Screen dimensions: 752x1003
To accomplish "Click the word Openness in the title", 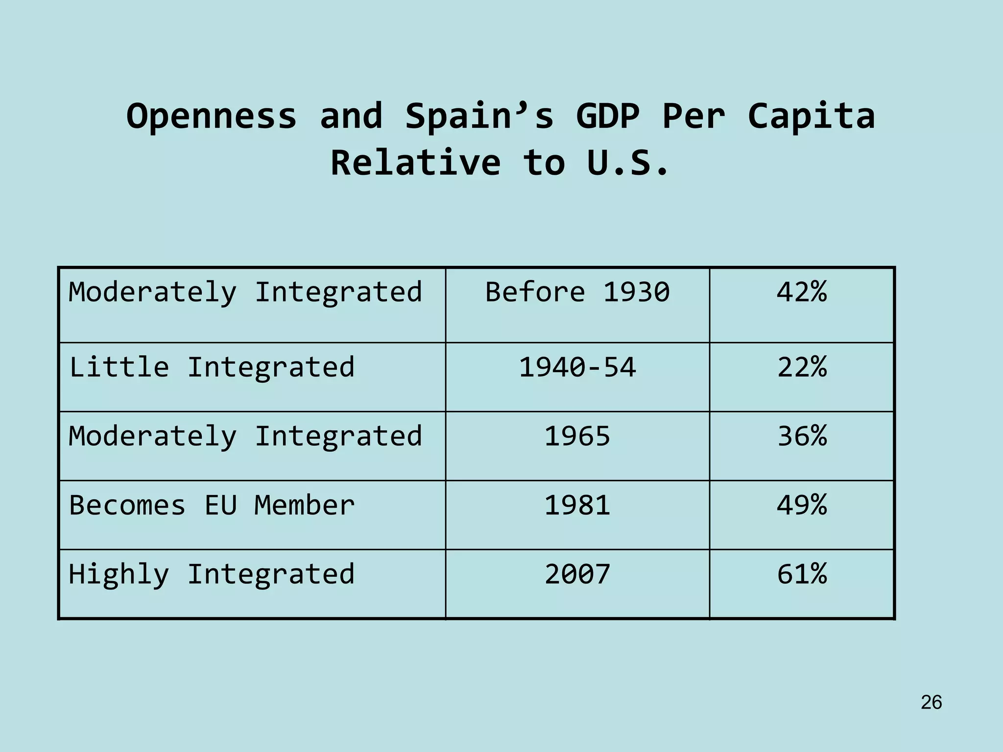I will pos(212,117).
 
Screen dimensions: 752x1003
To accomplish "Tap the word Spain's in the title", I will pos(479,117).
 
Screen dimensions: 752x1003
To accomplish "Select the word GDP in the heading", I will pos(607,117).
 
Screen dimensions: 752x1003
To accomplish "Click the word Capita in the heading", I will pos(811,117).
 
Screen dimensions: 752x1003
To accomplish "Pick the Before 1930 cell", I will pos(577,292).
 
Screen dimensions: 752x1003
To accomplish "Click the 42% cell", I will pos(802,292).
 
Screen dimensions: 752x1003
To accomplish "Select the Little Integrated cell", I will pos(212,367).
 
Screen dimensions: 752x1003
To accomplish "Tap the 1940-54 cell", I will pos(577,367).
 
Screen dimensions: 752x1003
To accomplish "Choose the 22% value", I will pos(802,367).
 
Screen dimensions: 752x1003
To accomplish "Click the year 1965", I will pos(577,436).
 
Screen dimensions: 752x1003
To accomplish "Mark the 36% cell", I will pos(802,436).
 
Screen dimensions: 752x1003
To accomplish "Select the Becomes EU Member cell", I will pos(212,505).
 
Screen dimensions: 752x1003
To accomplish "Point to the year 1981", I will pos(577,505).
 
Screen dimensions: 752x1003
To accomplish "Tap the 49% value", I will pos(802,505).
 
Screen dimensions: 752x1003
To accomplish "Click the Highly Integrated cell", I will pos(212,574).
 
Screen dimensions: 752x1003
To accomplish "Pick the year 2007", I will pos(577,574).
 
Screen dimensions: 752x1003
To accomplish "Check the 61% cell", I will pos(802,574).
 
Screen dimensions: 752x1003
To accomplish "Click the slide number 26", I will pos(931,703).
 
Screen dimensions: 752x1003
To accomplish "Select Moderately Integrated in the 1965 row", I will pos(245,436).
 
